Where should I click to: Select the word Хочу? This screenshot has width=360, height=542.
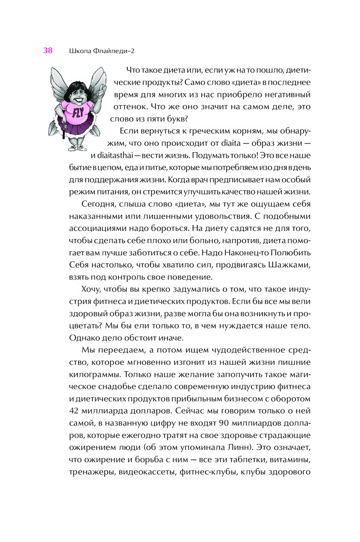click(x=92, y=288)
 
